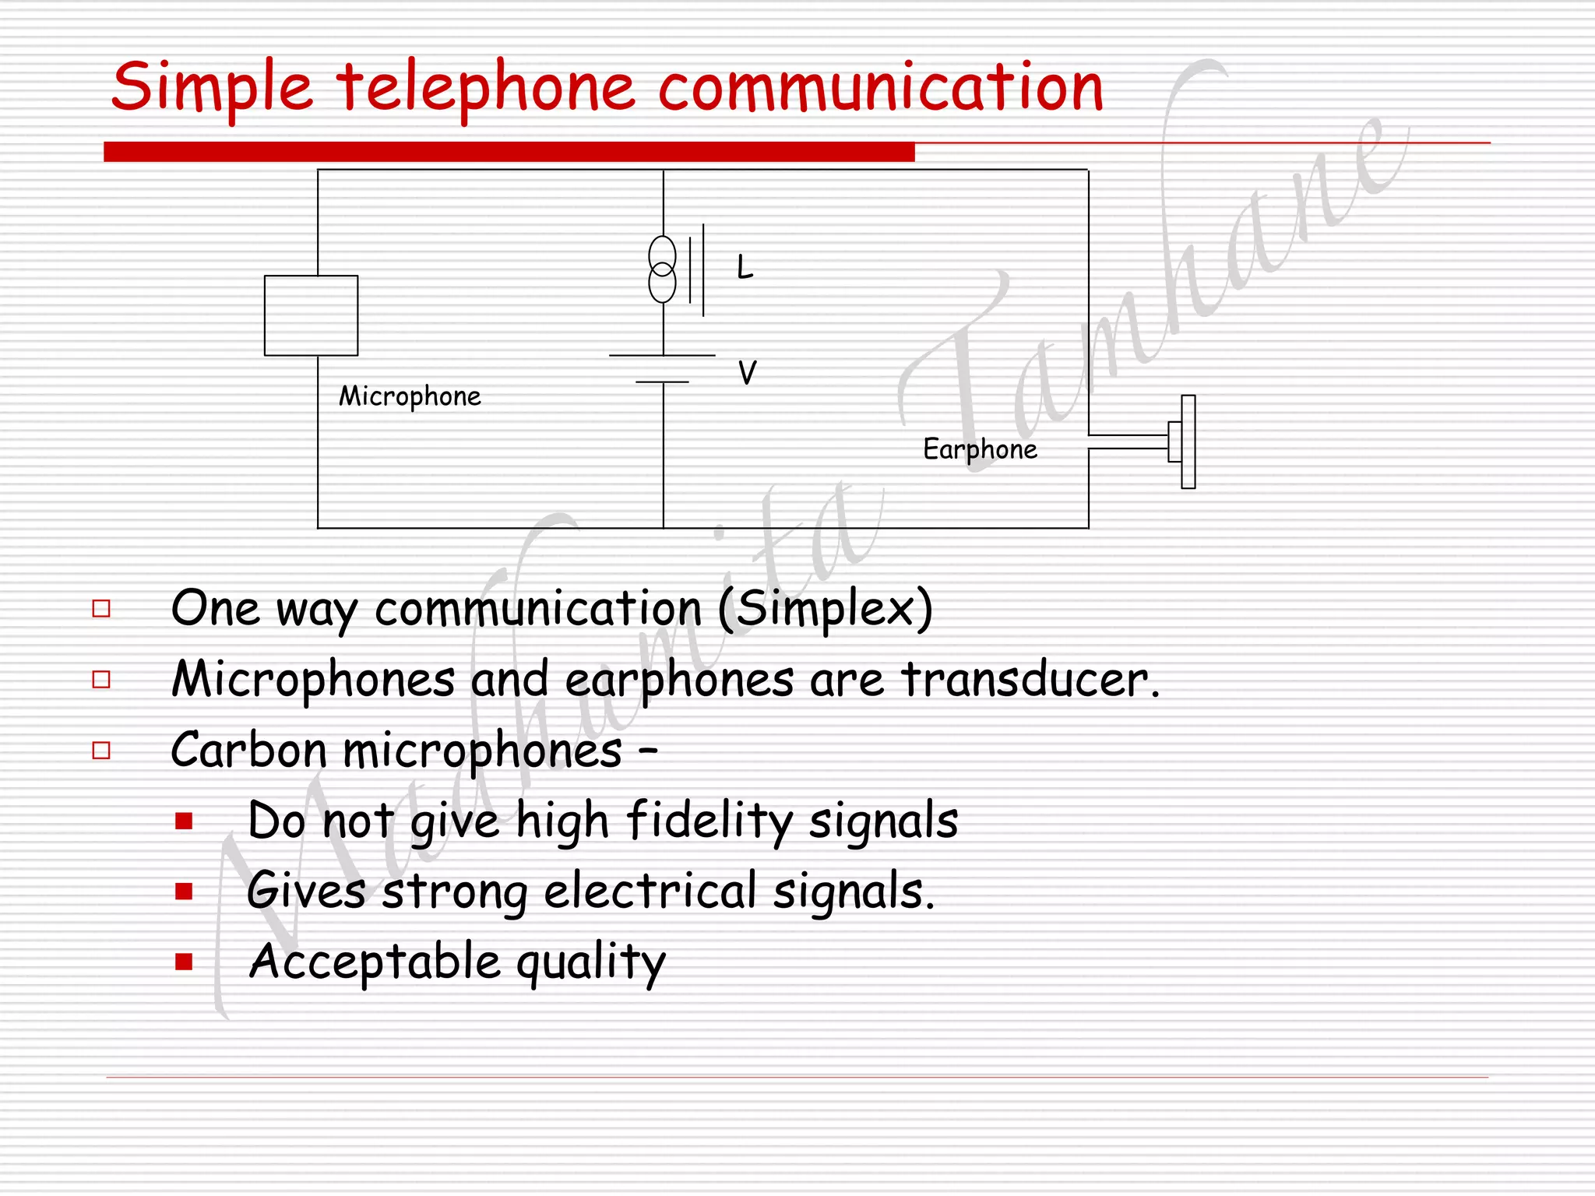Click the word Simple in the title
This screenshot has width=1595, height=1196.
[211, 88]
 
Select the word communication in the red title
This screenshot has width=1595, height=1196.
[880, 88]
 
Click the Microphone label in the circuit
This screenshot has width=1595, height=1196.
[410, 396]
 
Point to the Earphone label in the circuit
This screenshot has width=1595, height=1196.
[980, 449]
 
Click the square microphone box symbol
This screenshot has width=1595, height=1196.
[311, 315]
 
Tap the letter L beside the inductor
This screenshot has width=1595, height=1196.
[745, 268]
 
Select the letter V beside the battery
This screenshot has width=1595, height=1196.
[747, 373]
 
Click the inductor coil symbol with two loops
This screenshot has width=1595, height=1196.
[663, 269]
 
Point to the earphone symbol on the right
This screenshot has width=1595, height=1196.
[1182, 441]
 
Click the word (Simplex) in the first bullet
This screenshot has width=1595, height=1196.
[825, 608]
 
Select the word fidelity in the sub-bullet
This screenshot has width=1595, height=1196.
[709, 821]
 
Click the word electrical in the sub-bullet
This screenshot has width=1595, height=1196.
[650, 891]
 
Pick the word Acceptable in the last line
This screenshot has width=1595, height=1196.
[375, 962]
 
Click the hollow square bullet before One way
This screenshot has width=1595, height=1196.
[101, 609]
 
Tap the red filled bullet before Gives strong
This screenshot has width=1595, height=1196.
[184, 892]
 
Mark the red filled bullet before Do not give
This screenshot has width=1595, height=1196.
[184, 821]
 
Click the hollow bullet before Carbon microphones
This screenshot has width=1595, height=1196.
[101, 751]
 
